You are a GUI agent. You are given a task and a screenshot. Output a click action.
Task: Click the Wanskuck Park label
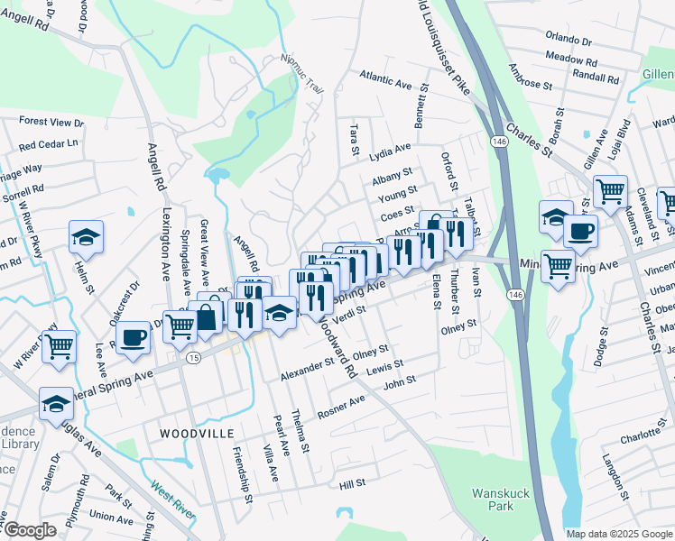[495, 500]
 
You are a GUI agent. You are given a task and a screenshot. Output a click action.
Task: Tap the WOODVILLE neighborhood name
[192, 434]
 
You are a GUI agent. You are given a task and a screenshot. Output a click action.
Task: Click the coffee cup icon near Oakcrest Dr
[133, 337]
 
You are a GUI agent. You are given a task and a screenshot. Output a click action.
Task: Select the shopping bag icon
[207, 316]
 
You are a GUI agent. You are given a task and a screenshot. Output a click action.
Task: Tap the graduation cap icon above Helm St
[86, 236]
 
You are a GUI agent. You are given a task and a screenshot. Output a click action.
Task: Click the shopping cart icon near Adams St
[610, 190]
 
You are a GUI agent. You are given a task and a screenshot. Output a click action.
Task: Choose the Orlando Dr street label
[569, 41]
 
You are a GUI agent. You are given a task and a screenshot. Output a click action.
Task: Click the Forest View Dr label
[51, 122]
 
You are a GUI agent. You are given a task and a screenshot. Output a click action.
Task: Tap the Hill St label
[352, 484]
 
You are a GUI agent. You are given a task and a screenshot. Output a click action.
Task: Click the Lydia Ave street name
[390, 151]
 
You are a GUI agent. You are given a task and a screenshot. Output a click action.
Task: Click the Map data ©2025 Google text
[618, 534]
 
